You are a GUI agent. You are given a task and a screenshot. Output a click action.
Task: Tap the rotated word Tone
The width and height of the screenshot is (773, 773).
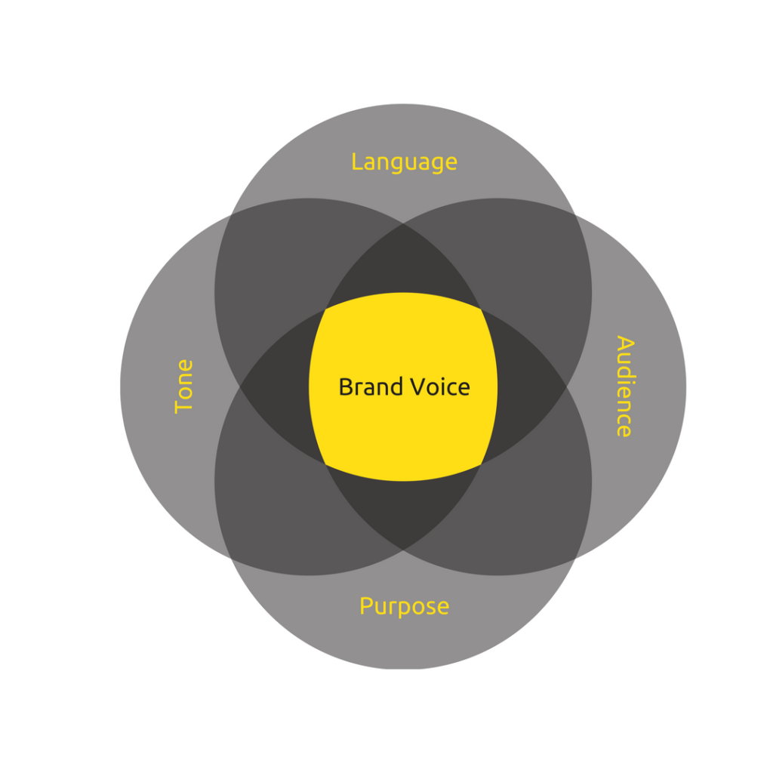point(184,386)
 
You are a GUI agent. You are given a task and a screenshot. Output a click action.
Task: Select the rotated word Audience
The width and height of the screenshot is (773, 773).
point(625,386)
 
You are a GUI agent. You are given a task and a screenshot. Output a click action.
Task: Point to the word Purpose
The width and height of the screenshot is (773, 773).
point(405,607)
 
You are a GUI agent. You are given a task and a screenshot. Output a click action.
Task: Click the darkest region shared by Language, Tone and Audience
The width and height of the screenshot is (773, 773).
point(403,266)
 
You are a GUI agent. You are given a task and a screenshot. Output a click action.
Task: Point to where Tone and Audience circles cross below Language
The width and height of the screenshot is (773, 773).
point(403,223)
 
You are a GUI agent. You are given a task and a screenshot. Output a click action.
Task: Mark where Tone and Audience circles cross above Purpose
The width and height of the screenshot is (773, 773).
point(403,550)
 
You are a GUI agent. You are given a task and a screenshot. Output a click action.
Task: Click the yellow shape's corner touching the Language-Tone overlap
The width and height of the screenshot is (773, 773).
point(326,310)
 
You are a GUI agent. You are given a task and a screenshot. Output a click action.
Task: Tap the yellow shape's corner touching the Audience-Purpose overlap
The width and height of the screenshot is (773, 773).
point(481,464)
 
